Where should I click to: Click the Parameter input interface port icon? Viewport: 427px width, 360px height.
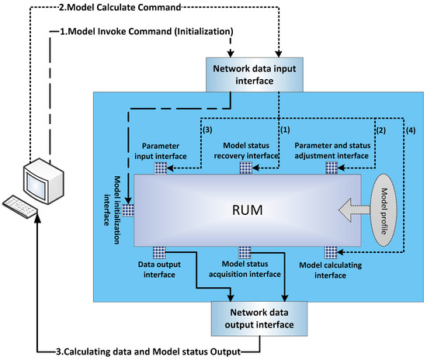point(160,168)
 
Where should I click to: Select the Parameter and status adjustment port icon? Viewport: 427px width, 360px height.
point(331,168)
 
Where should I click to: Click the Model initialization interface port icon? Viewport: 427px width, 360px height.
point(128,209)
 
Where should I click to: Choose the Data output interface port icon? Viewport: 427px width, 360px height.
point(160,251)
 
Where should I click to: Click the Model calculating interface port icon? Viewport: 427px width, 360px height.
point(331,251)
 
